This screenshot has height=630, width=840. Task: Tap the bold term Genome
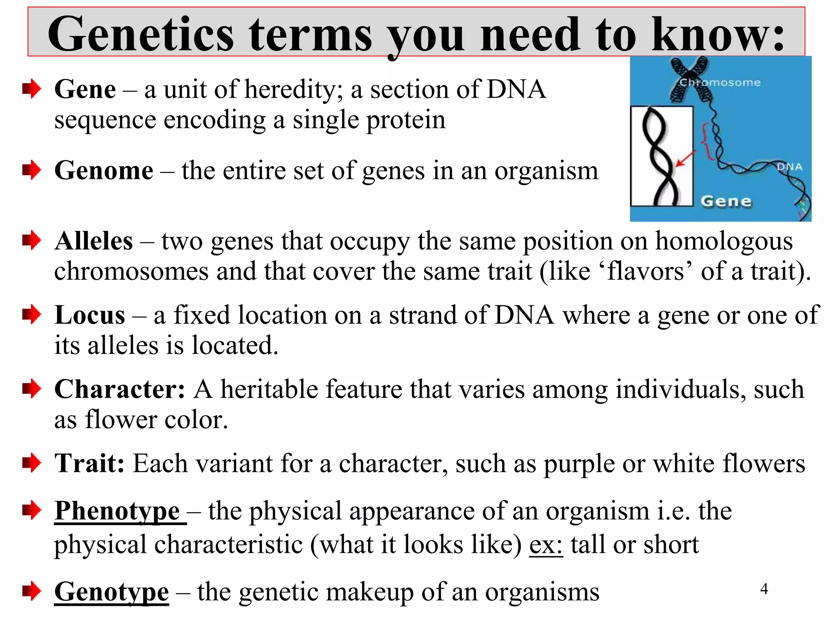point(104,171)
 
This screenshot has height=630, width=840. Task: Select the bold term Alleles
point(94,241)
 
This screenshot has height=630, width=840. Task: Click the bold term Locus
point(90,315)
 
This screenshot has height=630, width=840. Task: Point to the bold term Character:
point(120,389)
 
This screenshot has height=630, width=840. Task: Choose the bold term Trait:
point(89,463)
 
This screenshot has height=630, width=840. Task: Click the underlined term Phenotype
point(117,511)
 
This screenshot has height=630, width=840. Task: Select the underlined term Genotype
point(112,592)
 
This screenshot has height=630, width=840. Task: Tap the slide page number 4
point(764,589)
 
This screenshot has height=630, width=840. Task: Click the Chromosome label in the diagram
point(720,82)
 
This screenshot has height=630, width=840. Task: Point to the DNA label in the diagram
point(789,167)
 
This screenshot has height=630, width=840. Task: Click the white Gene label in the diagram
point(726,201)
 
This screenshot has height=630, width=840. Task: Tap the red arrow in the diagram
point(685,159)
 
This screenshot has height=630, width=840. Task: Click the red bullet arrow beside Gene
point(32,89)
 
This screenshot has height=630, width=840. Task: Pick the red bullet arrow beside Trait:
point(32,463)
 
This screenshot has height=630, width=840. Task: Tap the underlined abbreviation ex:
point(546,545)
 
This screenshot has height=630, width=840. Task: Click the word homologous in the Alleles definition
point(724,241)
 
